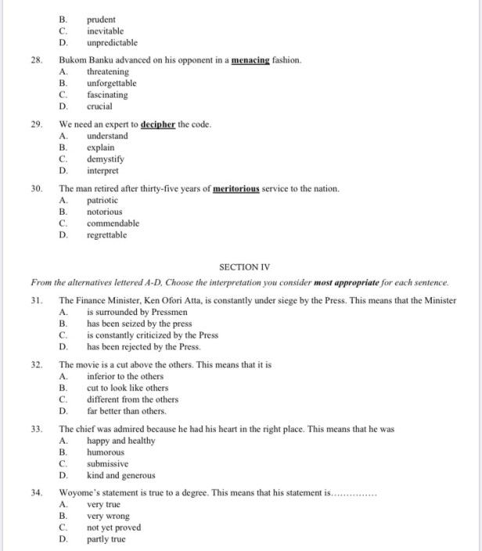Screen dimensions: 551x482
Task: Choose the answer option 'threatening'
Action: [x=108, y=72]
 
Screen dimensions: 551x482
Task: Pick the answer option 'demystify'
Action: [x=106, y=159]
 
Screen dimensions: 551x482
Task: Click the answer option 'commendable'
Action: [x=113, y=223]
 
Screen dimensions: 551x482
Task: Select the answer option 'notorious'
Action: [x=105, y=212]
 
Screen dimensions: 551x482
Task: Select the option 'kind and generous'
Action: [x=120, y=475]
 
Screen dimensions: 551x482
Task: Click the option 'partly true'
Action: [x=106, y=539]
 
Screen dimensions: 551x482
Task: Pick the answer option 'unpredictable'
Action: [x=112, y=43]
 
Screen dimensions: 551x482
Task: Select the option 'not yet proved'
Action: [x=113, y=527]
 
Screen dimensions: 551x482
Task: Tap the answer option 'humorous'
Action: [x=105, y=452]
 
